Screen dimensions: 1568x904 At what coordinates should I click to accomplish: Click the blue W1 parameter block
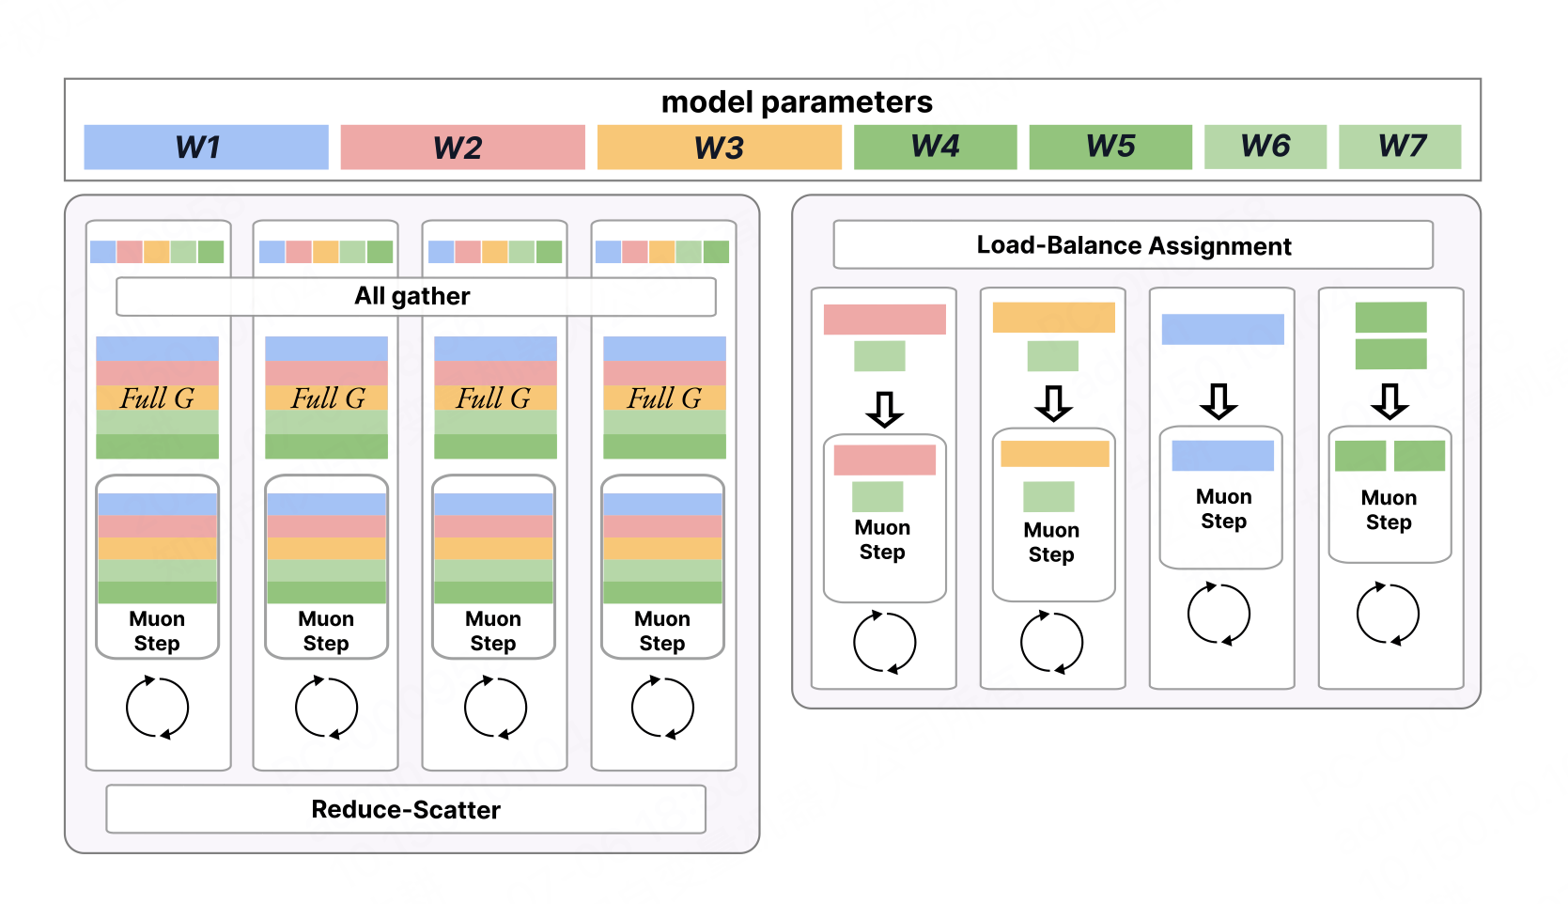point(206,147)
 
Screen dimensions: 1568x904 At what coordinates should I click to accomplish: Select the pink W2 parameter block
point(463,147)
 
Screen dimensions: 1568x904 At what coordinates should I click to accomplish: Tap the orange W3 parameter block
point(720,147)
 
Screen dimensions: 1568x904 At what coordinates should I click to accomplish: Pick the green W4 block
point(935,147)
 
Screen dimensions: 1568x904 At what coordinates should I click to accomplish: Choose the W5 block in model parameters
point(1110,147)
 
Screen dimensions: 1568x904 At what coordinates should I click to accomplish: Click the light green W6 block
point(1265,147)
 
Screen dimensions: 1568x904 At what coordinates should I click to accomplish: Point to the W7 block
point(1400,147)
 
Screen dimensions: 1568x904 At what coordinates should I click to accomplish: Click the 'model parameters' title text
point(797,102)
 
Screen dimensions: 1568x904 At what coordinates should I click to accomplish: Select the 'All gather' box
point(416,297)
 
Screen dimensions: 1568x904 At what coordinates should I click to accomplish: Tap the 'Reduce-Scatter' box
point(406,809)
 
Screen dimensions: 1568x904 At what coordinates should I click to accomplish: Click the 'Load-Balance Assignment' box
point(1133,245)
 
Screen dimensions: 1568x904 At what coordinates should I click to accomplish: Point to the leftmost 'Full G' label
point(157,398)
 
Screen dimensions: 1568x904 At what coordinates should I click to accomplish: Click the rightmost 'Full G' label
point(663,398)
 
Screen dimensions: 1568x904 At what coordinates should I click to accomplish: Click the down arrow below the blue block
point(1219,402)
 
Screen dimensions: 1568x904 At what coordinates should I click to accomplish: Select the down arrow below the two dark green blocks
point(1389,402)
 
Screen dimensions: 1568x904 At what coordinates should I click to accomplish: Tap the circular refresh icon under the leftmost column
point(158,708)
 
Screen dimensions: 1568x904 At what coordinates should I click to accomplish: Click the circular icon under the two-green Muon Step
point(1389,614)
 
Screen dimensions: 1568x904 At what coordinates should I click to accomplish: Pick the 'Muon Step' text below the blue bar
point(1223,509)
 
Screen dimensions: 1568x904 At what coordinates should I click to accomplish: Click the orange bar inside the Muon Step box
point(1055,454)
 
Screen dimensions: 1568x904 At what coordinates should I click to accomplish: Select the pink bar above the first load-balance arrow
point(885,320)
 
